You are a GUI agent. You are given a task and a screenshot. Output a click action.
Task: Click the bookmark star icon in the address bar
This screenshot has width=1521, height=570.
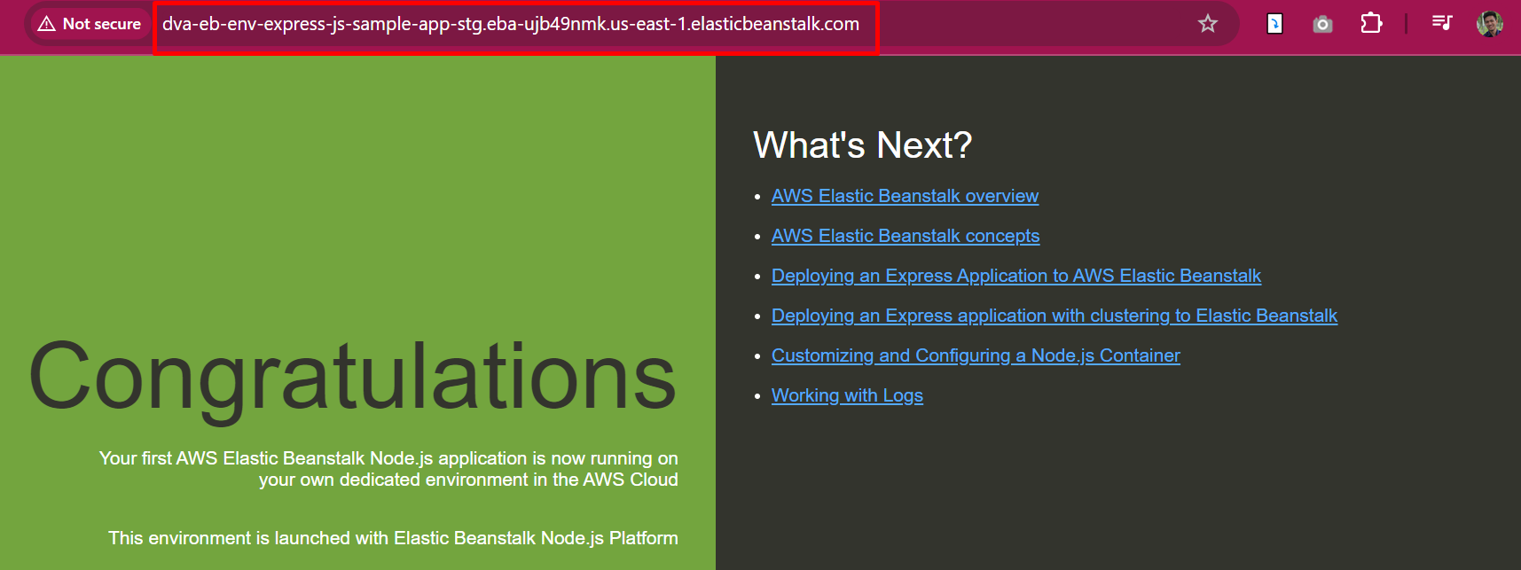1207,24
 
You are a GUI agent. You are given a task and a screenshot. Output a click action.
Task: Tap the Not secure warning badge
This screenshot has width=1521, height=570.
90,24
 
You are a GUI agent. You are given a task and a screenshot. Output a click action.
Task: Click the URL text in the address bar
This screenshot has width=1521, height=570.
511,24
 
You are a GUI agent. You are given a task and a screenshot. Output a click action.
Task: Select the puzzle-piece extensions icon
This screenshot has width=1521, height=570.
1371,23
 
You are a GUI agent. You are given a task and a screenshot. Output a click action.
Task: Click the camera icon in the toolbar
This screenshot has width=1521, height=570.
1322,24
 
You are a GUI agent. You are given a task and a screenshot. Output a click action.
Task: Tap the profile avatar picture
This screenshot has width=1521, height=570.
1490,24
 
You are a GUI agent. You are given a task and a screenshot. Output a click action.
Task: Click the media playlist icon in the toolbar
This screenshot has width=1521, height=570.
1442,22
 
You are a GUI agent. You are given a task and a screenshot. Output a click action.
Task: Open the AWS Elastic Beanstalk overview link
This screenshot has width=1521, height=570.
905,196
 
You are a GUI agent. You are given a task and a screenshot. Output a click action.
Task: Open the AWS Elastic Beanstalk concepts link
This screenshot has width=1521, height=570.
906,236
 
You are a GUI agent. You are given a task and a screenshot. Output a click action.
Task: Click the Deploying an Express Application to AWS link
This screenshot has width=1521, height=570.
1016,276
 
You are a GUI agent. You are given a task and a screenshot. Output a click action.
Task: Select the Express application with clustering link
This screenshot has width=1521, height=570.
1055,316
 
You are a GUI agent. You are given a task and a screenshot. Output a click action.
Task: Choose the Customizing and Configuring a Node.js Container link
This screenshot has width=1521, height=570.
976,355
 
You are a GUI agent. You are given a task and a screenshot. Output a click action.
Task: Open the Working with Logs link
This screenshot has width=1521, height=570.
847,395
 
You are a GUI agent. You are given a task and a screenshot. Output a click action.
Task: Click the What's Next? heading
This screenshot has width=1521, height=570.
863,144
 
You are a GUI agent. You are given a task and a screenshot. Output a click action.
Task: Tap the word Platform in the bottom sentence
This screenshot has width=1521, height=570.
644,538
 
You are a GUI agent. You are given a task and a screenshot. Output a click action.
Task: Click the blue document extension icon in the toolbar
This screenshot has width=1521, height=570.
1274,24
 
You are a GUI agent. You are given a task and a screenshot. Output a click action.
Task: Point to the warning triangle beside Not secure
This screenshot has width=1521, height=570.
47,24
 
